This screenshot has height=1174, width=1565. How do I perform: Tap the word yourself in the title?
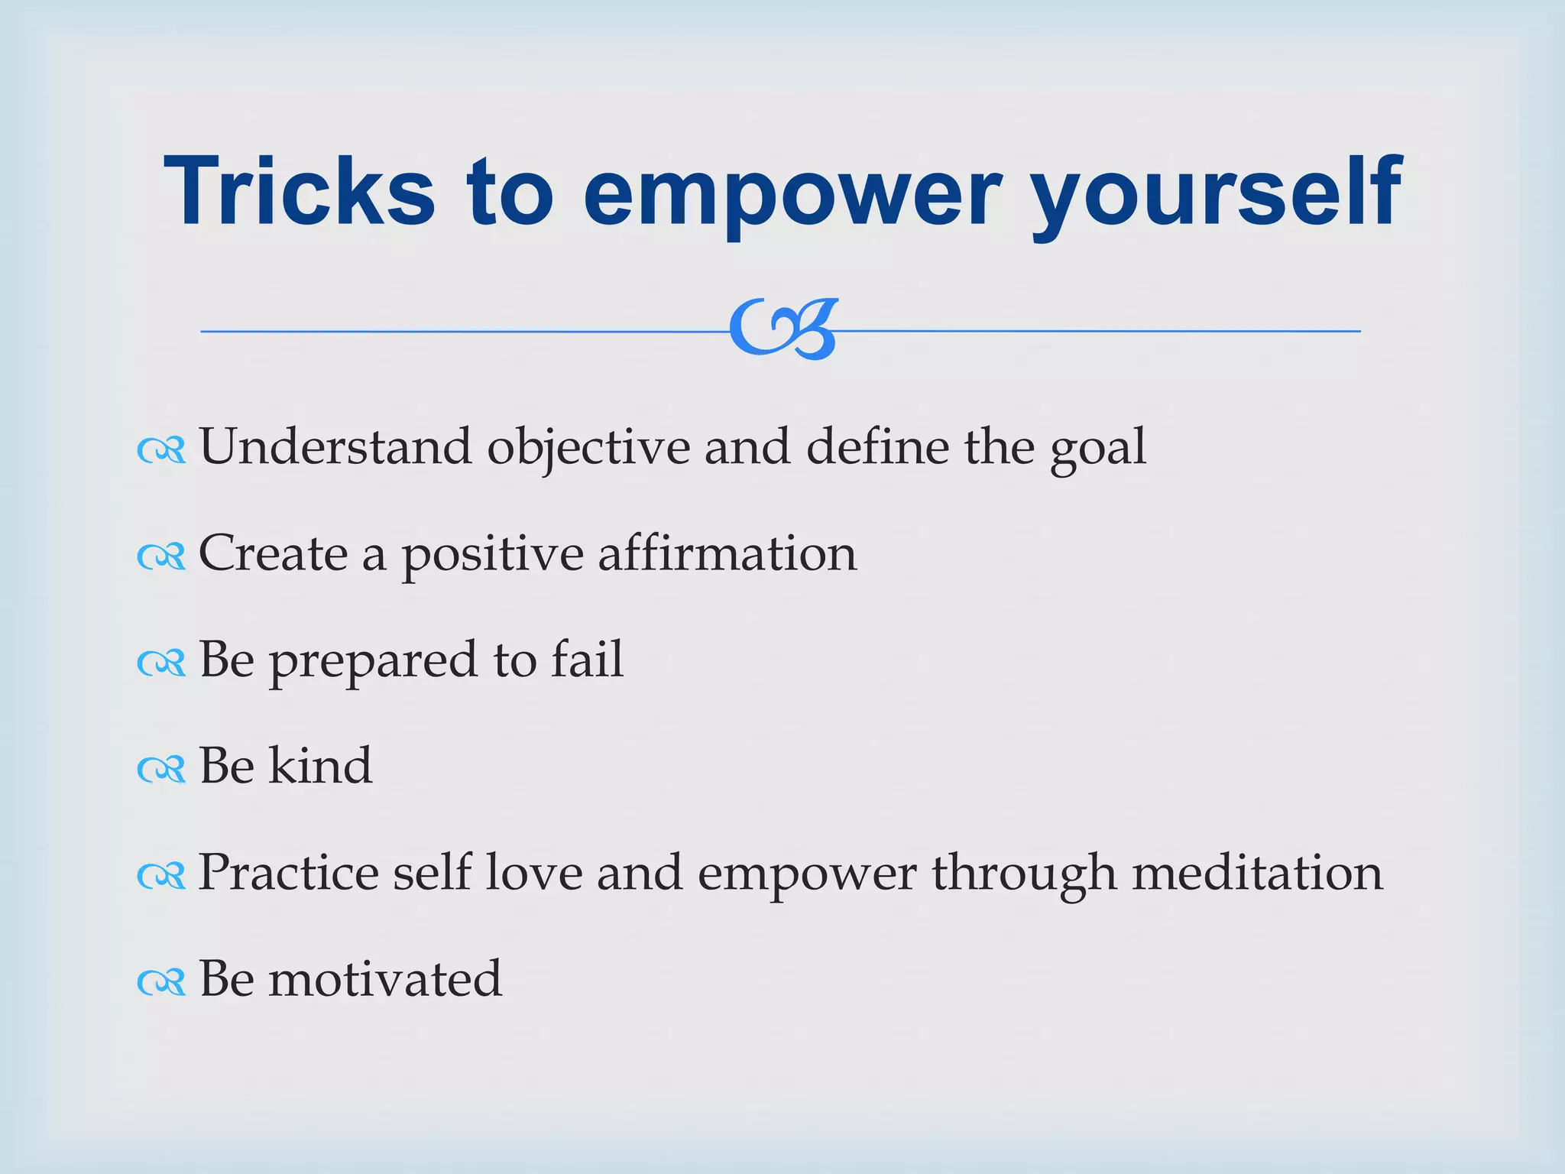(1217, 195)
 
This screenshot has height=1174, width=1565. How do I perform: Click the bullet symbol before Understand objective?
(161, 451)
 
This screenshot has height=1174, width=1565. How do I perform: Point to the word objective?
(588, 449)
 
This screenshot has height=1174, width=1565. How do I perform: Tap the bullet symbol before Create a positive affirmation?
(161, 557)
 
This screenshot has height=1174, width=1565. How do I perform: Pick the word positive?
(493, 556)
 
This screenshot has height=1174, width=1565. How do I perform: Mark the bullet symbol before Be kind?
(161, 770)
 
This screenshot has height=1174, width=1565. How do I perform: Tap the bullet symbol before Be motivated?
(161, 982)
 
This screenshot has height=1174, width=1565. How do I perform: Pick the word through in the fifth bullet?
(1024, 875)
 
